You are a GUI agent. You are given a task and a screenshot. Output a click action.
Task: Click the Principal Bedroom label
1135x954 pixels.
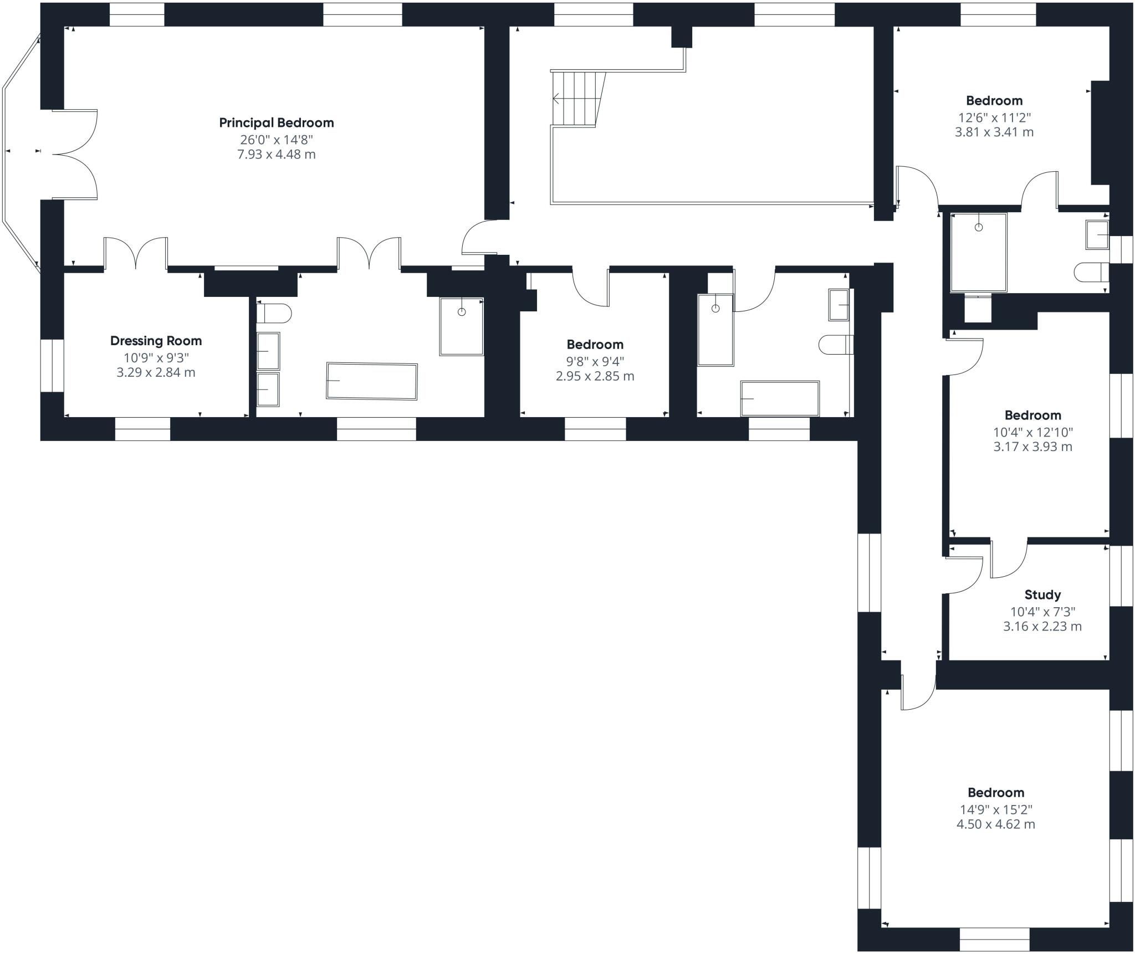click(x=277, y=122)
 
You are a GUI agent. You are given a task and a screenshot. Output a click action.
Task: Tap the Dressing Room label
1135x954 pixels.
click(x=156, y=341)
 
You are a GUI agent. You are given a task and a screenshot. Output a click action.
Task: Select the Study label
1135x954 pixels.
click(x=1042, y=595)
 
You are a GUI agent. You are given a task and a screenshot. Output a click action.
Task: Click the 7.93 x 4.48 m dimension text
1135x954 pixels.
click(x=277, y=154)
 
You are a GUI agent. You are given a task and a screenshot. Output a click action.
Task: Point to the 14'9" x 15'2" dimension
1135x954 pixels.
click(x=996, y=809)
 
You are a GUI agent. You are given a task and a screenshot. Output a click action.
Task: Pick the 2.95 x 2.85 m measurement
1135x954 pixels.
click(x=595, y=376)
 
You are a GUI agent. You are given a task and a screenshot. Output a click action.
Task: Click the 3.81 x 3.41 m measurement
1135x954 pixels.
click(x=994, y=132)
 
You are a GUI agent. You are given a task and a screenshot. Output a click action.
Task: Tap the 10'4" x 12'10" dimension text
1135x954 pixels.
click(x=1032, y=432)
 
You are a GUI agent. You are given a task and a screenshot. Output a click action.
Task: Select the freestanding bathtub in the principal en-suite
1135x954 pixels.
click(x=372, y=381)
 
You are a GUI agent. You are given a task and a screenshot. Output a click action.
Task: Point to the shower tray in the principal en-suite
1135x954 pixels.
click(x=462, y=326)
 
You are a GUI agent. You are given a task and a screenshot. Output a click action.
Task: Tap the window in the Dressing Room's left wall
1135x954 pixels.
click(x=53, y=366)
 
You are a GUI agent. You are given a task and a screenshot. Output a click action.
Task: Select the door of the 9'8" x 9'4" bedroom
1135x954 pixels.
click(x=591, y=287)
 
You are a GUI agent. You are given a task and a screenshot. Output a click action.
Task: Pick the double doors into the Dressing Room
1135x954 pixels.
click(x=136, y=253)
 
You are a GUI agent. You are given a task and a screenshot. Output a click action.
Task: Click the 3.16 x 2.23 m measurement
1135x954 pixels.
click(x=1042, y=627)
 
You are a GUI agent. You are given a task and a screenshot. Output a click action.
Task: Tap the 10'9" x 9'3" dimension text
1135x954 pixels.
click(x=156, y=358)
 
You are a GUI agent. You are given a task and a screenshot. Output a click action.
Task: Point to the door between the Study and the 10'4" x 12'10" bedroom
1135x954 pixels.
click(x=1009, y=558)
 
